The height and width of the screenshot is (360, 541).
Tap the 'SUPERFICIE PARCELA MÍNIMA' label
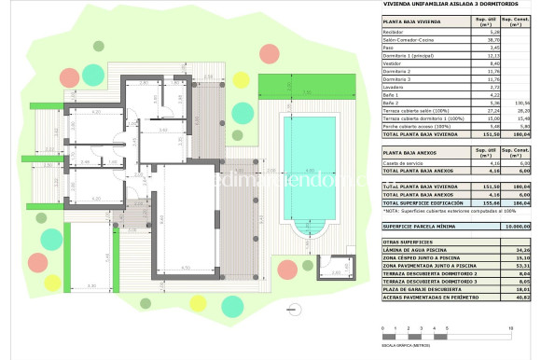[x=423, y=227]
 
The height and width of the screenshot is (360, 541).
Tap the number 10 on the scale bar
[x=509, y=329]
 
